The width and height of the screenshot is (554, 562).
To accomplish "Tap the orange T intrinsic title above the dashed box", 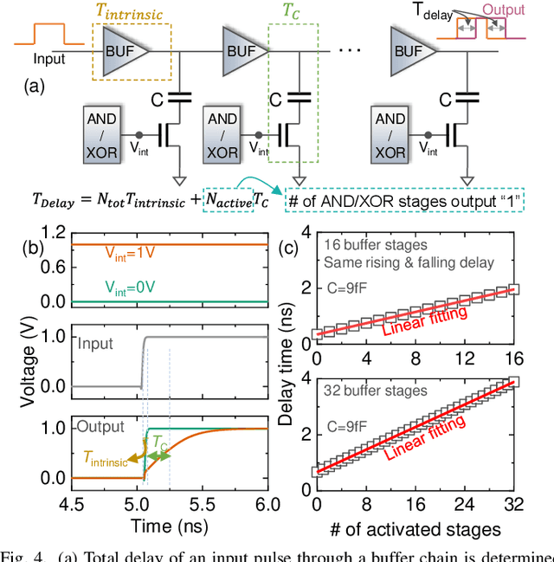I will [133, 11].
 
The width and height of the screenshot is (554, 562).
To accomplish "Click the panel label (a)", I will [35, 87].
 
